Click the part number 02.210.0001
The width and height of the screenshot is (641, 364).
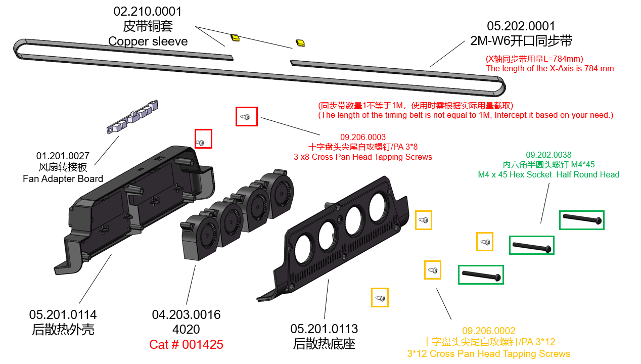pos(148,12)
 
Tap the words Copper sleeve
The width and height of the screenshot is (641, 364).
pos(148,41)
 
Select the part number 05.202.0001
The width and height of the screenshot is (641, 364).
pos(521,26)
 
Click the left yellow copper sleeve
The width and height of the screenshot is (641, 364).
pos(235,37)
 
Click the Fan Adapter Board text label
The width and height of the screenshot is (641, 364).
pos(63,178)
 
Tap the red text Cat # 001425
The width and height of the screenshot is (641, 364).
pos(186,345)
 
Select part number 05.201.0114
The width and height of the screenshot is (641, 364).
pos(63,315)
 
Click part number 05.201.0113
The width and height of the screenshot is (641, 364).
pos(324,329)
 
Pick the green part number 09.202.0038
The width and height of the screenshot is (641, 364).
pos(548,155)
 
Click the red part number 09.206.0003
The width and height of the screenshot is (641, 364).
pos(362,137)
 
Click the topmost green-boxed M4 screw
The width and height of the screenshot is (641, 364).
pos(581,220)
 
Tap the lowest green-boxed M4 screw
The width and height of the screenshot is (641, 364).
pos(481,275)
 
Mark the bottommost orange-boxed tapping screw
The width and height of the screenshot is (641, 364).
pos(380,298)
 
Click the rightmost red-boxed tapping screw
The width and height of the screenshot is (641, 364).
pos(246,117)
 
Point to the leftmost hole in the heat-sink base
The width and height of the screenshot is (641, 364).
pos(304,246)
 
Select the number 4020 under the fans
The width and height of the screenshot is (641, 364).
pos(186,330)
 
